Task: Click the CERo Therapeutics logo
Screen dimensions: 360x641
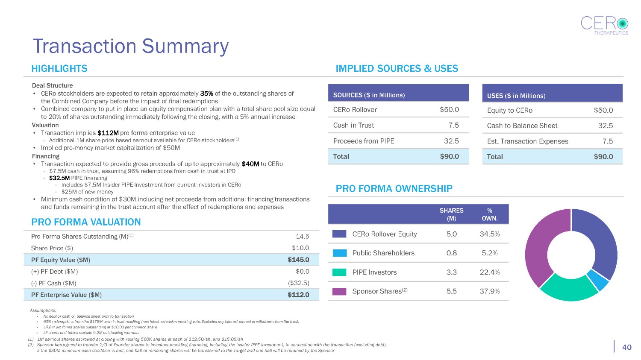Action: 604,25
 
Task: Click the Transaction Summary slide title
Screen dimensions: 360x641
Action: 131,46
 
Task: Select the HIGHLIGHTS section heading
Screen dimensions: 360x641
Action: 59,68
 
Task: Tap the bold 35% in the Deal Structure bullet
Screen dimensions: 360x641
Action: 207,94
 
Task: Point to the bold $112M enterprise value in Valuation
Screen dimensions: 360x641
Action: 108,133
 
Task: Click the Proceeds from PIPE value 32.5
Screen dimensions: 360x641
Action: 451,141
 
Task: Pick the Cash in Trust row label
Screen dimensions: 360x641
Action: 353,125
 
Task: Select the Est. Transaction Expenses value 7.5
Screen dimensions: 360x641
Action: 607,141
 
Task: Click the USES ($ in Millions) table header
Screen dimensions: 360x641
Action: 516,96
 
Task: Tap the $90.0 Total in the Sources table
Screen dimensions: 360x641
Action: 449,156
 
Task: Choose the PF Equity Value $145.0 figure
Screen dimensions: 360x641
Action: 298,260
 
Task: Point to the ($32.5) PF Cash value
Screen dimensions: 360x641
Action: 298,283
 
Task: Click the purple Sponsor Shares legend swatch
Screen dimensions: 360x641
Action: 339,291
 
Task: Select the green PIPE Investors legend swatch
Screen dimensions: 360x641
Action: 339,272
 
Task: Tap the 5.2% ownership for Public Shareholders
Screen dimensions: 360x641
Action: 489,253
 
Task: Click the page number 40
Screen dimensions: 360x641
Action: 626,347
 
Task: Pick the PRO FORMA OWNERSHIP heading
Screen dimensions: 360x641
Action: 394,188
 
